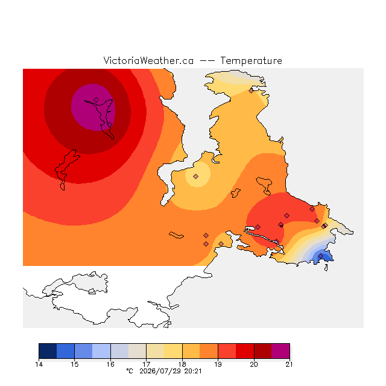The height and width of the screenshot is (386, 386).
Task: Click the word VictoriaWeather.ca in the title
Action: [148, 60]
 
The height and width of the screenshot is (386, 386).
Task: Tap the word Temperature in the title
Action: [251, 60]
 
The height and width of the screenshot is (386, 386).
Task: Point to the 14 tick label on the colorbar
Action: [39, 364]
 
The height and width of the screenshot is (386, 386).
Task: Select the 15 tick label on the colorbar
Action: [75, 364]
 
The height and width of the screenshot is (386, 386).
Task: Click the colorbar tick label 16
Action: [110, 364]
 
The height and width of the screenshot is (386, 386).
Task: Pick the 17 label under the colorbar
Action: [146, 364]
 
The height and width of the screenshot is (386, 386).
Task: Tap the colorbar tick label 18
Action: [182, 364]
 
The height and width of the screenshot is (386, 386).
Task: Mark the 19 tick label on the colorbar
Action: [218, 364]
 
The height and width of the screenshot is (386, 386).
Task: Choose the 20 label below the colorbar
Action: [254, 364]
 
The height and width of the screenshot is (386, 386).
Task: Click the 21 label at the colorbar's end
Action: [289, 364]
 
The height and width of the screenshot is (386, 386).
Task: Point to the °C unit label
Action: [130, 372]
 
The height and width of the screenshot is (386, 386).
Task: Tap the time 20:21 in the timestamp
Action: [193, 372]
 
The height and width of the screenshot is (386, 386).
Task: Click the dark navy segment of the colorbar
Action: [48, 351]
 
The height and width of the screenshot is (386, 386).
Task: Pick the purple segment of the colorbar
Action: [280, 351]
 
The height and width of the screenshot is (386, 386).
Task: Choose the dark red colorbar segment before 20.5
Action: [263, 351]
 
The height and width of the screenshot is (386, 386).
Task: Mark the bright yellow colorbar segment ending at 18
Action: [173, 351]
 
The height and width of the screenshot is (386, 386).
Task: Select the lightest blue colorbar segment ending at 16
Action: [101, 351]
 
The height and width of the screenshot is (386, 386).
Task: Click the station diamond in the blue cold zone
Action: [320, 256]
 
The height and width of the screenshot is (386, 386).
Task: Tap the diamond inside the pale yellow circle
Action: [195, 176]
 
